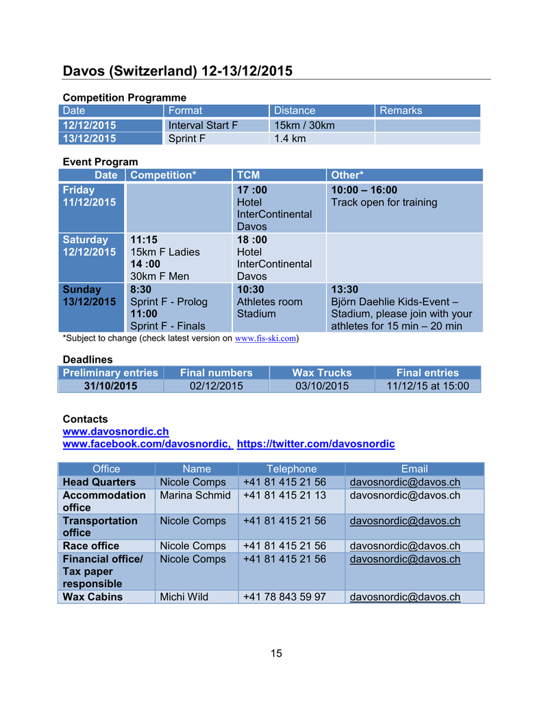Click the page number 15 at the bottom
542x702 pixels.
[x=276, y=653]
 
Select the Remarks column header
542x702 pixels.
[x=401, y=110]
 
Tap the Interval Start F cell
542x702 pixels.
[x=203, y=125]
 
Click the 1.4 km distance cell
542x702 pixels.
[x=290, y=138]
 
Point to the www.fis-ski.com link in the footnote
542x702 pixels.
[x=265, y=338]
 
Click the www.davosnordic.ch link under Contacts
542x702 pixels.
[x=116, y=431]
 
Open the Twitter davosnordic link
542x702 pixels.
[x=315, y=444]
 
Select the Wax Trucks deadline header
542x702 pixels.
[x=321, y=373]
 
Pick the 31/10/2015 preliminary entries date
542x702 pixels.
[x=110, y=386]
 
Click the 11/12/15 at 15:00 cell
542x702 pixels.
[x=428, y=386]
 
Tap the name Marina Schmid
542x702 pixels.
[x=195, y=496]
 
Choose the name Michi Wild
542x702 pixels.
[x=184, y=596]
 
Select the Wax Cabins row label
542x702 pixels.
[x=93, y=596]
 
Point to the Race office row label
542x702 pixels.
[x=91, y=546]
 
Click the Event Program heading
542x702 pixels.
[x=100, y=162]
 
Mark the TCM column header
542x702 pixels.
[x=249, y=175]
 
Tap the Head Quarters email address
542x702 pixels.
[x=405, y=482]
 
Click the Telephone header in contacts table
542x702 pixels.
[x=291, y=469]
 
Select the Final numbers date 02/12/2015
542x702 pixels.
[x=216, y=386]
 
